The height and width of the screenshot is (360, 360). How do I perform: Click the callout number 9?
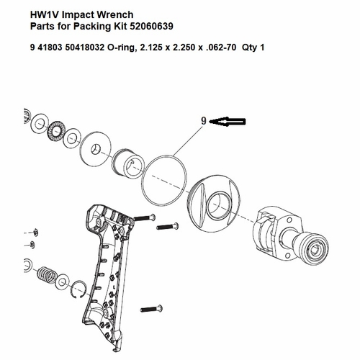pos(204,122)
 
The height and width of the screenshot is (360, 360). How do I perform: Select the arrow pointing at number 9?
pos(231,122)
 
